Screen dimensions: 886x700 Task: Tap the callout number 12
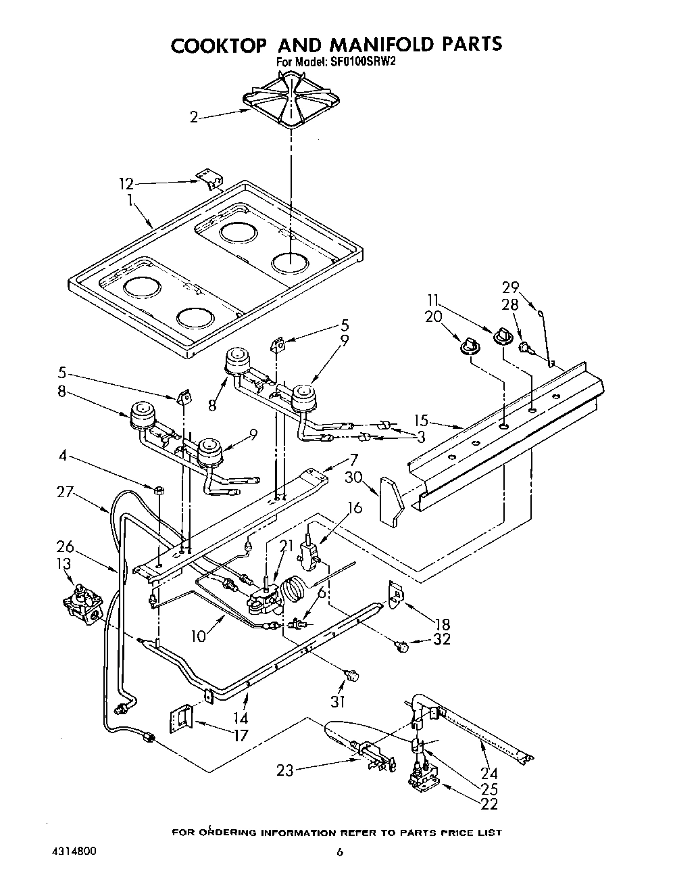tap(126, 183)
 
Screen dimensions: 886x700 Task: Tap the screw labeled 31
tap(351, 674)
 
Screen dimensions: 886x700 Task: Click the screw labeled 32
tap(403, 647)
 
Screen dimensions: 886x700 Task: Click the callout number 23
tap(285, 770)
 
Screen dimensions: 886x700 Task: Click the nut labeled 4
tap(157, 490)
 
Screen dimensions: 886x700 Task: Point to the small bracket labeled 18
tap(397, 594)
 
